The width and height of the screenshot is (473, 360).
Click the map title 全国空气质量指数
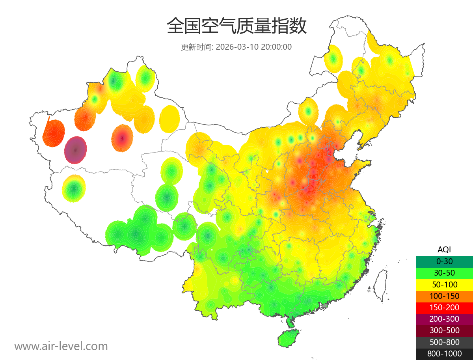pos(236,26)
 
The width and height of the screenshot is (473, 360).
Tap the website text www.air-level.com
pos(61,346)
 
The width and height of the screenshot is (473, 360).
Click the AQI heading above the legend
pos(444,249)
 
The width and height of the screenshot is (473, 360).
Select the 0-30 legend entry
pos(444,261)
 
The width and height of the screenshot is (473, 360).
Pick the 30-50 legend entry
pos(444,272)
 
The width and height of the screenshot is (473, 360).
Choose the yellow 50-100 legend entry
pos(444,284)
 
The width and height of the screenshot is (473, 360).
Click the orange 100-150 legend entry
pos(444,296)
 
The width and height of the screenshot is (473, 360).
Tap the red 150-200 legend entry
pos(444,307)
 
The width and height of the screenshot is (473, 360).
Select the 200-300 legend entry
pos(444,319)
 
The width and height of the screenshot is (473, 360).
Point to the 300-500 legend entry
pos(444,330)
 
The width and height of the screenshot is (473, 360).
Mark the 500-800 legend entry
pos(444,342)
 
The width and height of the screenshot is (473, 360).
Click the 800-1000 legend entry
pos(444,354)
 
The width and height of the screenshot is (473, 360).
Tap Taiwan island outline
pos(380,285)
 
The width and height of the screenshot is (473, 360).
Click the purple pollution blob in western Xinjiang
pos(76,150)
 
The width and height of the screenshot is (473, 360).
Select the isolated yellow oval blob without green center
pos(170,119)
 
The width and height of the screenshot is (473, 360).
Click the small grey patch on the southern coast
pos(325,305)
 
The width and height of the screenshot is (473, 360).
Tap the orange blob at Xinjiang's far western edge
pos(54,133)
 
